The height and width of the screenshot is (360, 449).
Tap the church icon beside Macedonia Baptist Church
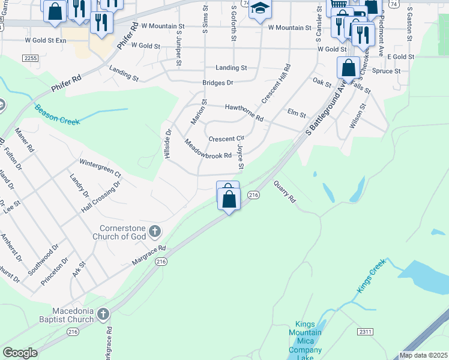[x=103, y=314]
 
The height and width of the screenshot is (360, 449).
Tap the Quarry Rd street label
[x=285, y=191]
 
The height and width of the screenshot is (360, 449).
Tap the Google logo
[x=20, y=353]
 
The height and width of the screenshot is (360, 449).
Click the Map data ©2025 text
[x=423, y=355]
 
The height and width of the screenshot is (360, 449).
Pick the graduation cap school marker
[x=260, y=9]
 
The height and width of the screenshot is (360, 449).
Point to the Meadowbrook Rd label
[x=208, y=150]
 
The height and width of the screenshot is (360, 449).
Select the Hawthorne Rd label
[x=244, y=112]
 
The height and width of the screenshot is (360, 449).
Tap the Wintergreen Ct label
[x=100, y=167]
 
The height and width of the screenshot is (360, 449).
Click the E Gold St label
[x=401, y=56]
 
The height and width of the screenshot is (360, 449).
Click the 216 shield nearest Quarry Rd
[x=253, y=195]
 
